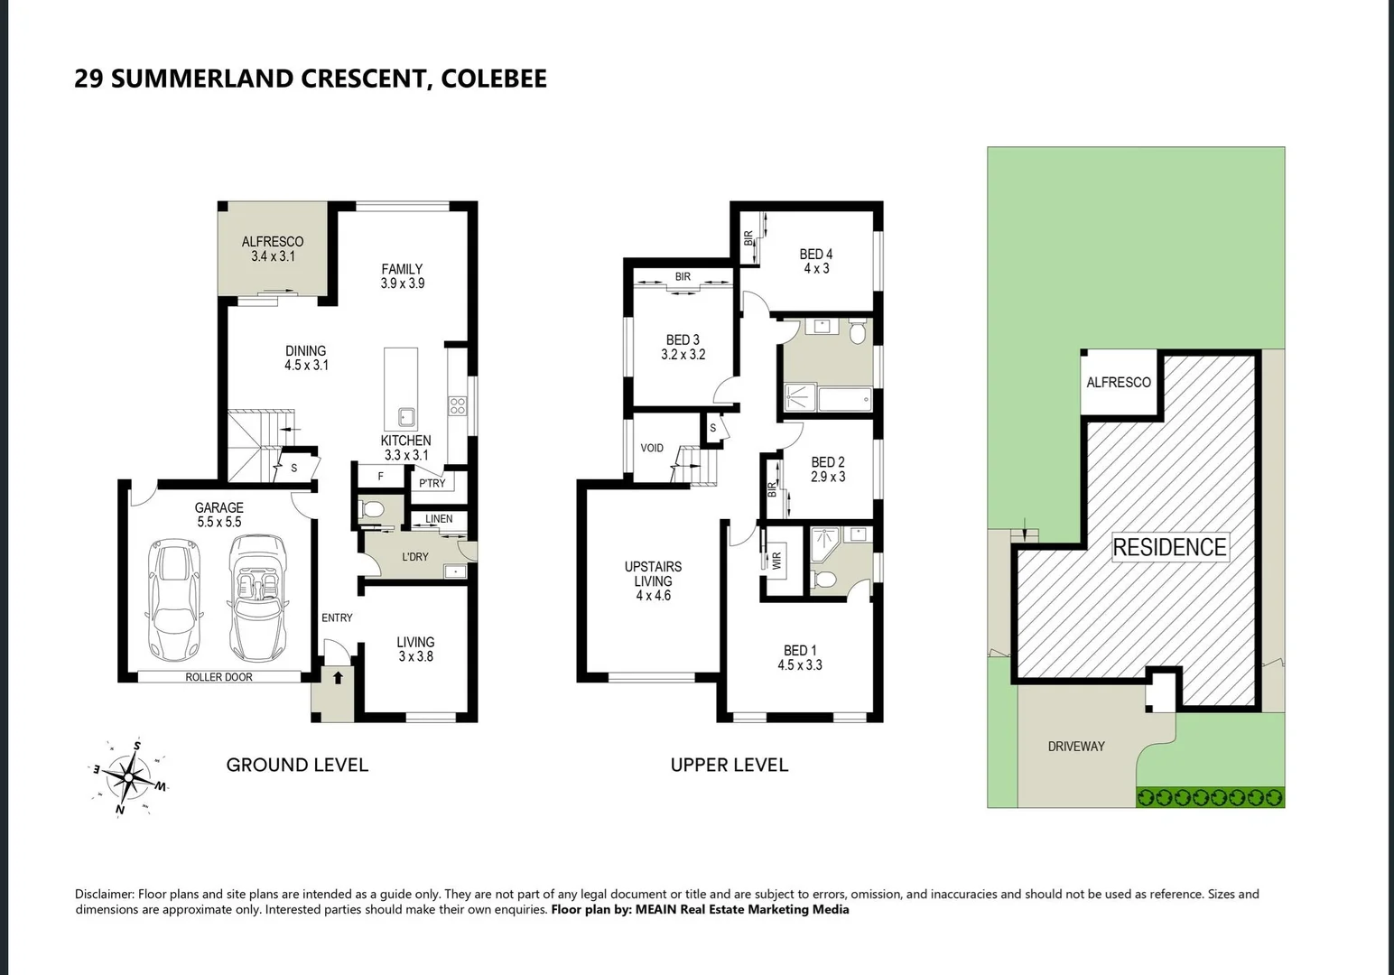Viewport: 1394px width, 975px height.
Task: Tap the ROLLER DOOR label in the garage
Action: click(218, 677)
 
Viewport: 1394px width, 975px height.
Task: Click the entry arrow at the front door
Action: click(338, 678)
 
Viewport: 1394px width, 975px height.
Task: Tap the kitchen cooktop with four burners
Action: click(458, 405)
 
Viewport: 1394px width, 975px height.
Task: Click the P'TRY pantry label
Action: click(432, 483)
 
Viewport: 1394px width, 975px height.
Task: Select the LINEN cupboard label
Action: click(439, 519)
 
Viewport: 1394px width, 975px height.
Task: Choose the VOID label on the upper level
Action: click(652, 448)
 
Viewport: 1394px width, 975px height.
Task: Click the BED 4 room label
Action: click(816, 255)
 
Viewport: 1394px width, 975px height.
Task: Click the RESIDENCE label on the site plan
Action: click(1169, 547)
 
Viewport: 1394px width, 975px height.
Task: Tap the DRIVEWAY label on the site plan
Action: click(1076, 747)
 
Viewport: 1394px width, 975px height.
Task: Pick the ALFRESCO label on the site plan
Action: click(1119, 383)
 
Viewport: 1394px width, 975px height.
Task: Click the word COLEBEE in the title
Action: click(494, 79)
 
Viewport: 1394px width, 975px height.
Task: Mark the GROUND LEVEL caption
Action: click(297, 766)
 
